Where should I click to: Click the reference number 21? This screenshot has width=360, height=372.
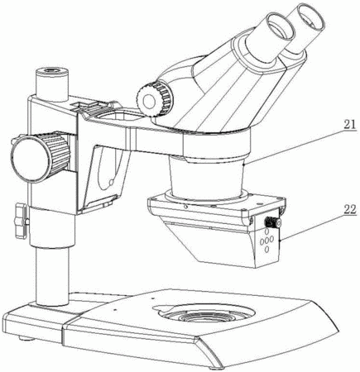pos(349,125)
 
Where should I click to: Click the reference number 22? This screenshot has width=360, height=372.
pos(350,210)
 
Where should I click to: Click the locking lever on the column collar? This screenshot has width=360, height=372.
pos(22,221)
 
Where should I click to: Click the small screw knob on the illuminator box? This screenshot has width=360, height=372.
pos(272,222)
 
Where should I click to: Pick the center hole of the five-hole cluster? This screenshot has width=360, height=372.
pos(266,241)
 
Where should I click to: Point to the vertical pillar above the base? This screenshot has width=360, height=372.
pos(52,275)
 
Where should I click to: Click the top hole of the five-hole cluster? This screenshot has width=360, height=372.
pos(266,231)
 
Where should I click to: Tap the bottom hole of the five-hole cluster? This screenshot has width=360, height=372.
pos(266,250)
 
